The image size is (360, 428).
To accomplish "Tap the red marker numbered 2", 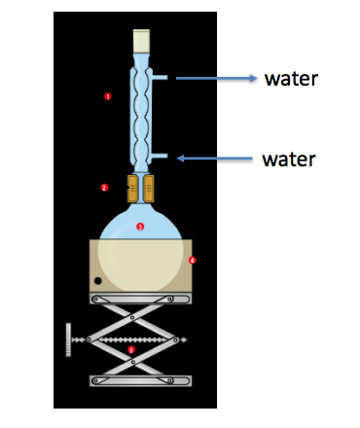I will [x=104, y=187].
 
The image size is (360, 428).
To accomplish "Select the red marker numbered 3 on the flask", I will [x=140, y=227].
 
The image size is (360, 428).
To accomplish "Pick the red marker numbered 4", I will [x=192, y=260].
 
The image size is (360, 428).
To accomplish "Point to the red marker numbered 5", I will [x=131, y=348].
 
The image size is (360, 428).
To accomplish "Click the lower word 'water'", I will [x=289, y=157].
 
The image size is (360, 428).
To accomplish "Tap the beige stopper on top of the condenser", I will [x=142, y=39].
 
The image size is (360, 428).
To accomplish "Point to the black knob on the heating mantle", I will [x=99, y=282].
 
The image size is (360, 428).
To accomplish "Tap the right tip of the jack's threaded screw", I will [x=185, y=339].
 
